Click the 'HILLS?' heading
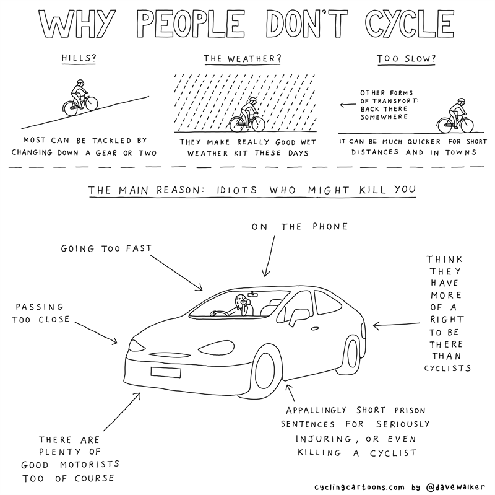[79, 58]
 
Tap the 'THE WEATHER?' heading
[242, 58]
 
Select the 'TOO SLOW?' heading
[406, 59]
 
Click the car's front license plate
[166, 372]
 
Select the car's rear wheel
[352, 353]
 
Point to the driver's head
[240, 300]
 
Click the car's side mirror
[299, 317]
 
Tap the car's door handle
[315, 329]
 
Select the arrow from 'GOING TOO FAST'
[176, 273]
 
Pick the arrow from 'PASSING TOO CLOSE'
[96, 333]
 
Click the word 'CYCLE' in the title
[410, 24]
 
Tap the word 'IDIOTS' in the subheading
[237, 190]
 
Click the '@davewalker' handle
[455, 487]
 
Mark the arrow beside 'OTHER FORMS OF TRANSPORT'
[348, 105]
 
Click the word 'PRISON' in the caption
[410, 410]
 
